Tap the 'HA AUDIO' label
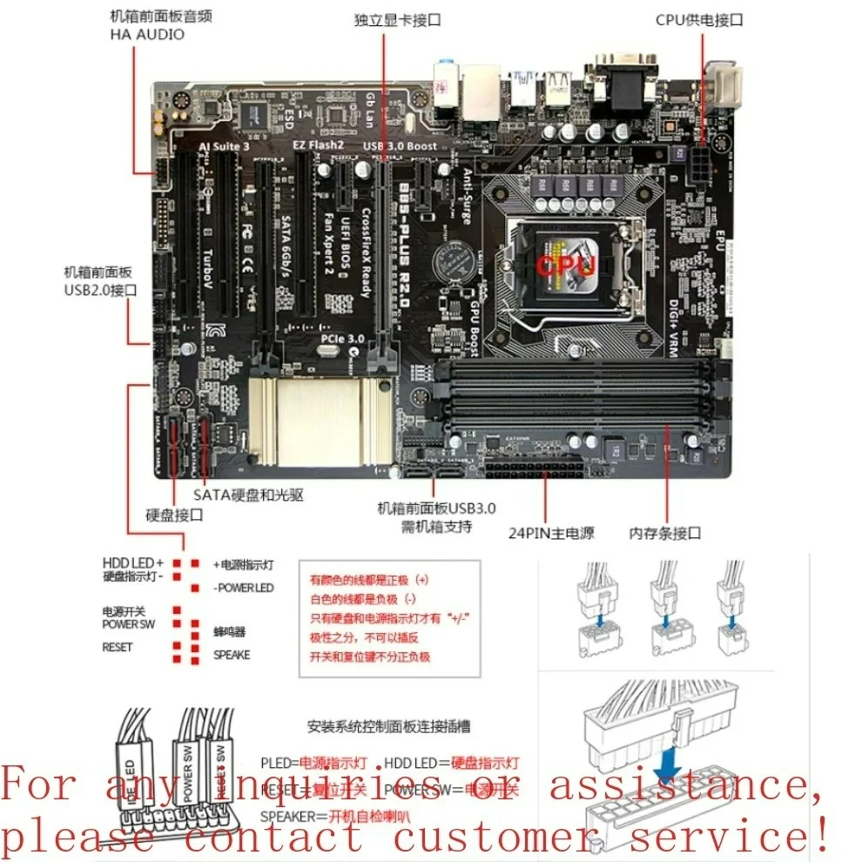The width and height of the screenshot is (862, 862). click(147, 35)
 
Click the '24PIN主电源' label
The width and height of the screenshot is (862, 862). click(551, 532)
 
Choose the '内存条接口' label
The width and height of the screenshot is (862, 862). click(664, 532)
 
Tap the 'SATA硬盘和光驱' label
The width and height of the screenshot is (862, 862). click(248, 495)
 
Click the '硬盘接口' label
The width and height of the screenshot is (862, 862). click(175, 515)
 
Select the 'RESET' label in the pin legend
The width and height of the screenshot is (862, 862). click(118, 647)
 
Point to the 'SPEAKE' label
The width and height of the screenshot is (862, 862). click(232, 655)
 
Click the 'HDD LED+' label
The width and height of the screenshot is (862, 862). click(133, 562)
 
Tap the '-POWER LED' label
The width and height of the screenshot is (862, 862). click(243, 588)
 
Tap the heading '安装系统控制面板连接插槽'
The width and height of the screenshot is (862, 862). click(389, 725)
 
